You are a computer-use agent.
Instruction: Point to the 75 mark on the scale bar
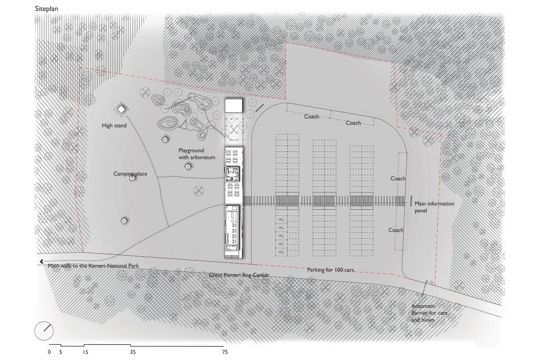click(225, 351)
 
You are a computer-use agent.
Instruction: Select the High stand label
click(114, 126)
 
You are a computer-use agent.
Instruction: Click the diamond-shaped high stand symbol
click(121, 109)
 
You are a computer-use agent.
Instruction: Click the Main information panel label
click(434, 207)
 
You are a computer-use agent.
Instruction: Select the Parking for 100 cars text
click(330, 270)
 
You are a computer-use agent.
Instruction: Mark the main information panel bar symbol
click(411, 201)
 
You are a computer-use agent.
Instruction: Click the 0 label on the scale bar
click(49, 351)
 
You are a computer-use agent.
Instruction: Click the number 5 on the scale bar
click(61, 351)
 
